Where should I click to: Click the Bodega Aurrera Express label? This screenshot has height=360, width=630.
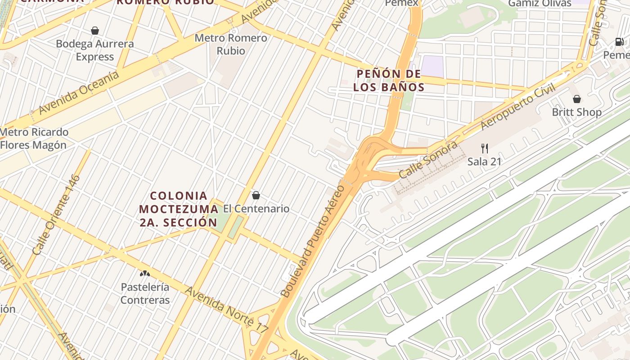(x=94, y=50)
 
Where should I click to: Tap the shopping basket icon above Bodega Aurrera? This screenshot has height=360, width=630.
(x=95, y=31)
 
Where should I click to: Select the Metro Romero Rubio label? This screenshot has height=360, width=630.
(x=231, y=44)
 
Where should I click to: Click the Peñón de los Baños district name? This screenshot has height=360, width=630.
(x=389, y=80)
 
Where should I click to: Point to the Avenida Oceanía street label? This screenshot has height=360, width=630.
(x=79, y=93)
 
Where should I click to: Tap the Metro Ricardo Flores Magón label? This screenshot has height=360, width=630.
(x=34, y=139)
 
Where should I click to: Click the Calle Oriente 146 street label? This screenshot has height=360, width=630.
(x=56, y=215)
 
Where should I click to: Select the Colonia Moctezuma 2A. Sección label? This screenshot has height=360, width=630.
(x=178, y=209)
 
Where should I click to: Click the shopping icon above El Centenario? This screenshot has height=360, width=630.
(x=256, y=195)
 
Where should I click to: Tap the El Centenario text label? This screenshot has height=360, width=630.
(x=256, y=209)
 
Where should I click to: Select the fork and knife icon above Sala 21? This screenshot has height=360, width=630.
(x=485, y=148)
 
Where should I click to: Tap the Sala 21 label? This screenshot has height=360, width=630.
(x=484, y=161)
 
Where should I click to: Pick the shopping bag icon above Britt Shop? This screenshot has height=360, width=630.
(x=577, y=99)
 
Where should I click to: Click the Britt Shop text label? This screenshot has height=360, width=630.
(x=577, y=112)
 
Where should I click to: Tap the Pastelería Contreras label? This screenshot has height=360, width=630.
(x=145, y=293)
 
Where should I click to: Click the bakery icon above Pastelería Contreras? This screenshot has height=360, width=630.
(x=144, y=273)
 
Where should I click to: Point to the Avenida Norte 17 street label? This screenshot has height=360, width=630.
(x=226, y=310)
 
